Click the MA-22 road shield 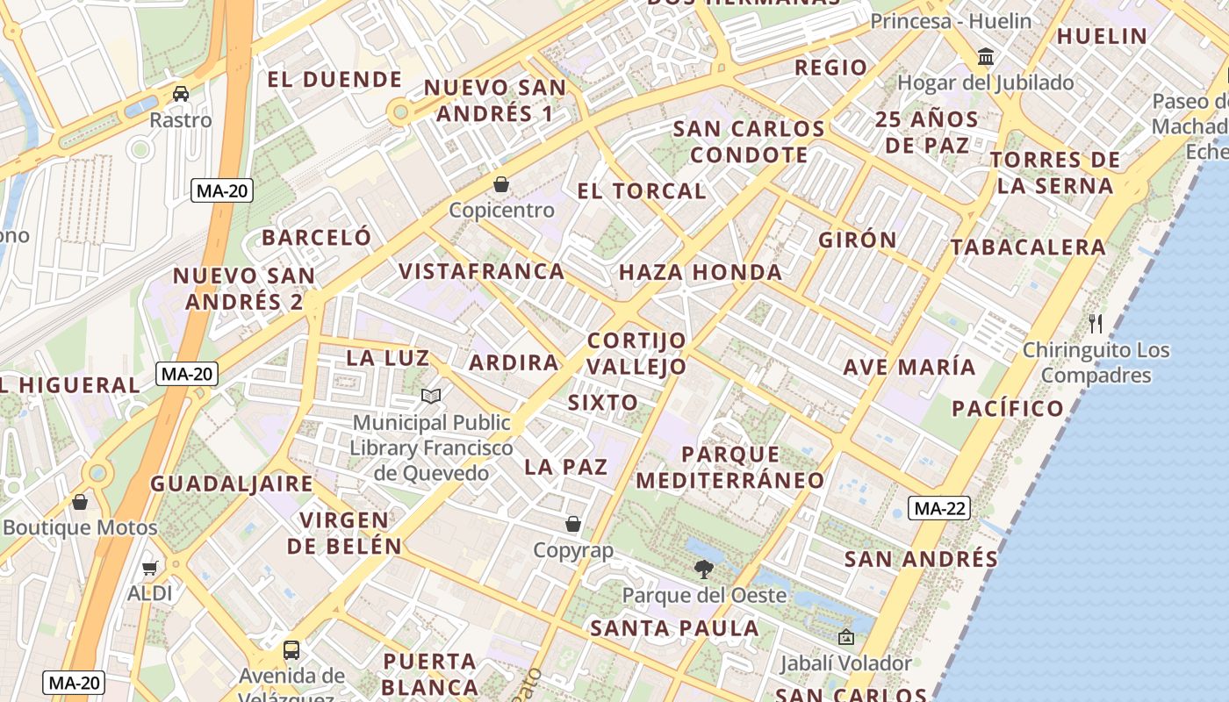938,508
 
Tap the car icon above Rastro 181,94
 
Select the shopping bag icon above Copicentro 501,184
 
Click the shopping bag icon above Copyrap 573,524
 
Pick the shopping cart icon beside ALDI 150,568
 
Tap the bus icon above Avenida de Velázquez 291,650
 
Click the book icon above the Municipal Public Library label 430,397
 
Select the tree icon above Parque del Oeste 703,569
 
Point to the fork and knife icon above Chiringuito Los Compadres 1096,324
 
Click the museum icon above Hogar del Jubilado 986,57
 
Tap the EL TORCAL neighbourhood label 642,191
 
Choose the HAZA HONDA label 701,273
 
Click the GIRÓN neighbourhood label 858,240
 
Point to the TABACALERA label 1028,247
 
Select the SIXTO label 603,403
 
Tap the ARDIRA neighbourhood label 514,362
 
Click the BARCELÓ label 317,238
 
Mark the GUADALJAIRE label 232,484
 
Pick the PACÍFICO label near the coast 1008,408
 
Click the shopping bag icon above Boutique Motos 80,502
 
